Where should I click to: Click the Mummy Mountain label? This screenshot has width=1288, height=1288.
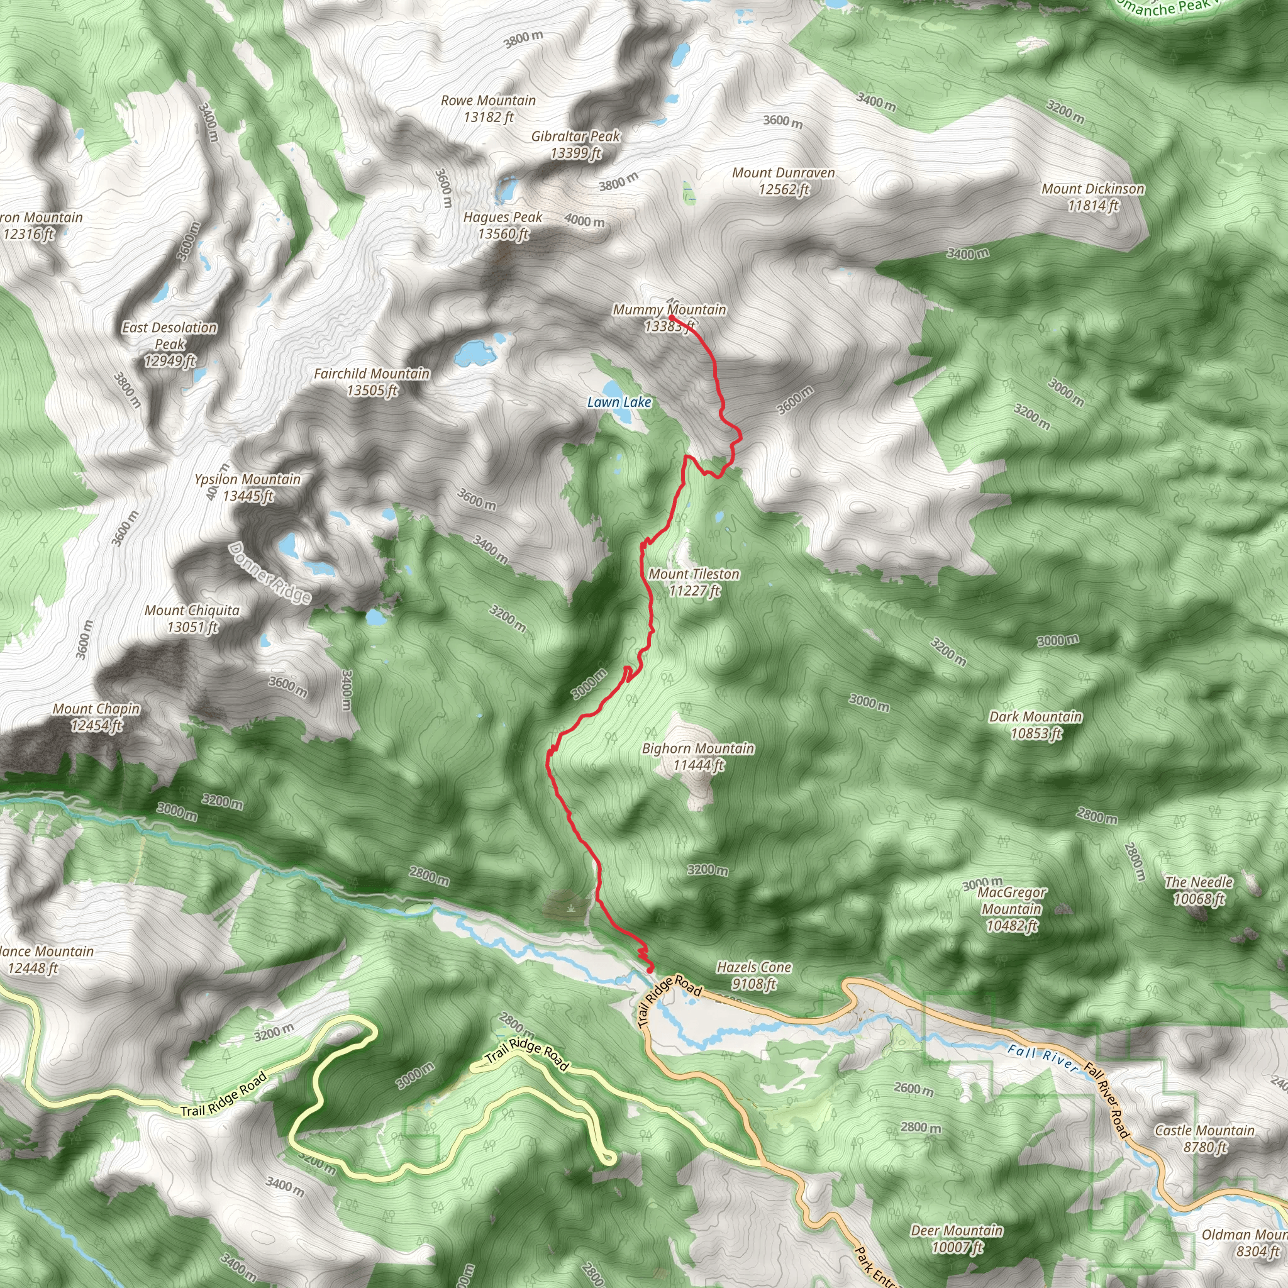(669, 318)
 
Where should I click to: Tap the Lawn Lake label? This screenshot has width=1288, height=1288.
(619, 402)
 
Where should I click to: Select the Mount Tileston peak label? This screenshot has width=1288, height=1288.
(694, 582)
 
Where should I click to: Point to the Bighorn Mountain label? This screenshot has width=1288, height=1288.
(698, 757)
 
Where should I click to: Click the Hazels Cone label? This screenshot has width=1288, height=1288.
(754, 975)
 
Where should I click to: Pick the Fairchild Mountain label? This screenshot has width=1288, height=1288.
(372, 382)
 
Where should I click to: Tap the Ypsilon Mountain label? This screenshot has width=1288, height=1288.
(247, 487)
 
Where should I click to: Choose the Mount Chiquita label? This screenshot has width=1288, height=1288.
(192, 619)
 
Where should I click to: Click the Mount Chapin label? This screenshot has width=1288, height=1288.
(97, 718)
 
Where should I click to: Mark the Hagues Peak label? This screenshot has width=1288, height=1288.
(503, 225)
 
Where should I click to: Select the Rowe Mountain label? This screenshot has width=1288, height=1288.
(489, 109)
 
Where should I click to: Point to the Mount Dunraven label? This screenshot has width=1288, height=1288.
(784, 181)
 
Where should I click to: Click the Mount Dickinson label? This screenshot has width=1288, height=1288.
(1092, 197)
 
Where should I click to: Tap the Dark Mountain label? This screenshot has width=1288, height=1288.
(1035, 725)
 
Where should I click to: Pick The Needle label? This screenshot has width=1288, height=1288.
(1199, 891)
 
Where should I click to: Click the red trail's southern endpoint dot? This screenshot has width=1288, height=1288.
(650, 970)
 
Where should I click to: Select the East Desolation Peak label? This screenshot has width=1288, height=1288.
(170, 344)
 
